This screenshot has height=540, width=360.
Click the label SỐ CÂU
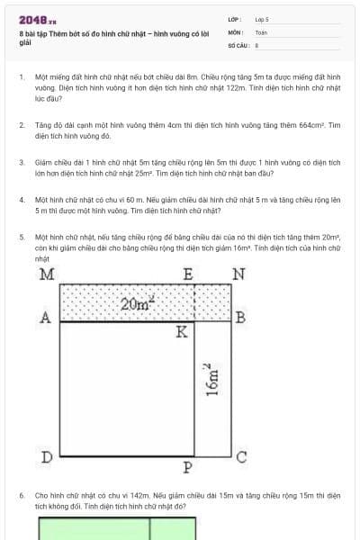pyautogui.click(x=238, y=43)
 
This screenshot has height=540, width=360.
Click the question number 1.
pyautogui.click(x=21, y=78)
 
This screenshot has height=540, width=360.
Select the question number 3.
pyautogui.click(x=21, y=162)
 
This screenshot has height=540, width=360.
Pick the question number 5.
pyautogui.click(x=21, y=237)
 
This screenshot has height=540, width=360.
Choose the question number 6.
pyautogui.click(x=21, y=495)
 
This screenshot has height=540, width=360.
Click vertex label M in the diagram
pyautogui.click(x=46, y=274)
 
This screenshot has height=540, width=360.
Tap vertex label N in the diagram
pyautogui.click(x=238, y=274)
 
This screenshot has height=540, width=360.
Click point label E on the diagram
pyautogui.click(x=188, y=274)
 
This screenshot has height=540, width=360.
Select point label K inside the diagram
pyautogui.click(x=182, y=332)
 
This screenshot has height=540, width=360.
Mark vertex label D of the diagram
pyautogui.click(x=47, y=457)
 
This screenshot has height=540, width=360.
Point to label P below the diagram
pyautogui.click(x=187, y=467)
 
